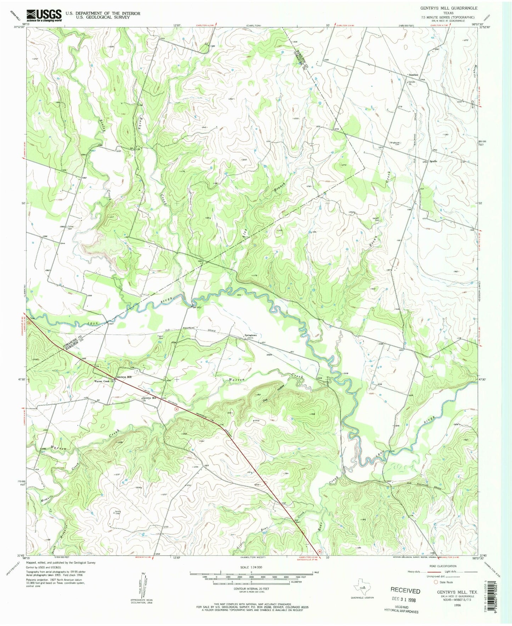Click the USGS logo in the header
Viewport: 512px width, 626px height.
[44, 15]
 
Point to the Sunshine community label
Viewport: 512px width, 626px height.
[413, 75]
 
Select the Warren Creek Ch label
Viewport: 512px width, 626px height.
[103, 382]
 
